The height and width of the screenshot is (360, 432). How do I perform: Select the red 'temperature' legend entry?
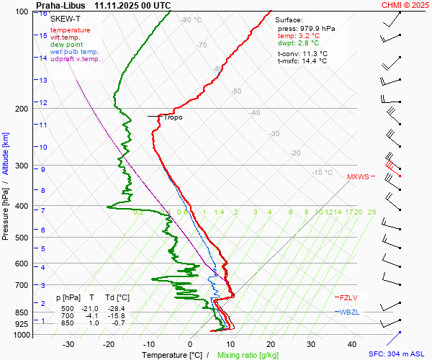point(71,30)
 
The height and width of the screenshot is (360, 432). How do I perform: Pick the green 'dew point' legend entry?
point(67,45)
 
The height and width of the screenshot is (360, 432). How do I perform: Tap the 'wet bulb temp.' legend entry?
point(75,52)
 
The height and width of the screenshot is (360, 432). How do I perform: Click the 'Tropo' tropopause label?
point(173,117)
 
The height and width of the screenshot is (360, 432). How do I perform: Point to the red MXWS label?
point(358,176)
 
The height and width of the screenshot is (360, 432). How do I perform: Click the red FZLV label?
point(348,297)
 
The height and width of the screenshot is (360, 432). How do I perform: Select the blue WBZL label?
point(349,311)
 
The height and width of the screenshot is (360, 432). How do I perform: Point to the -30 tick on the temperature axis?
point(68,344)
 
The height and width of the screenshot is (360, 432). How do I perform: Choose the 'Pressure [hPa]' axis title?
point(6,216)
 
